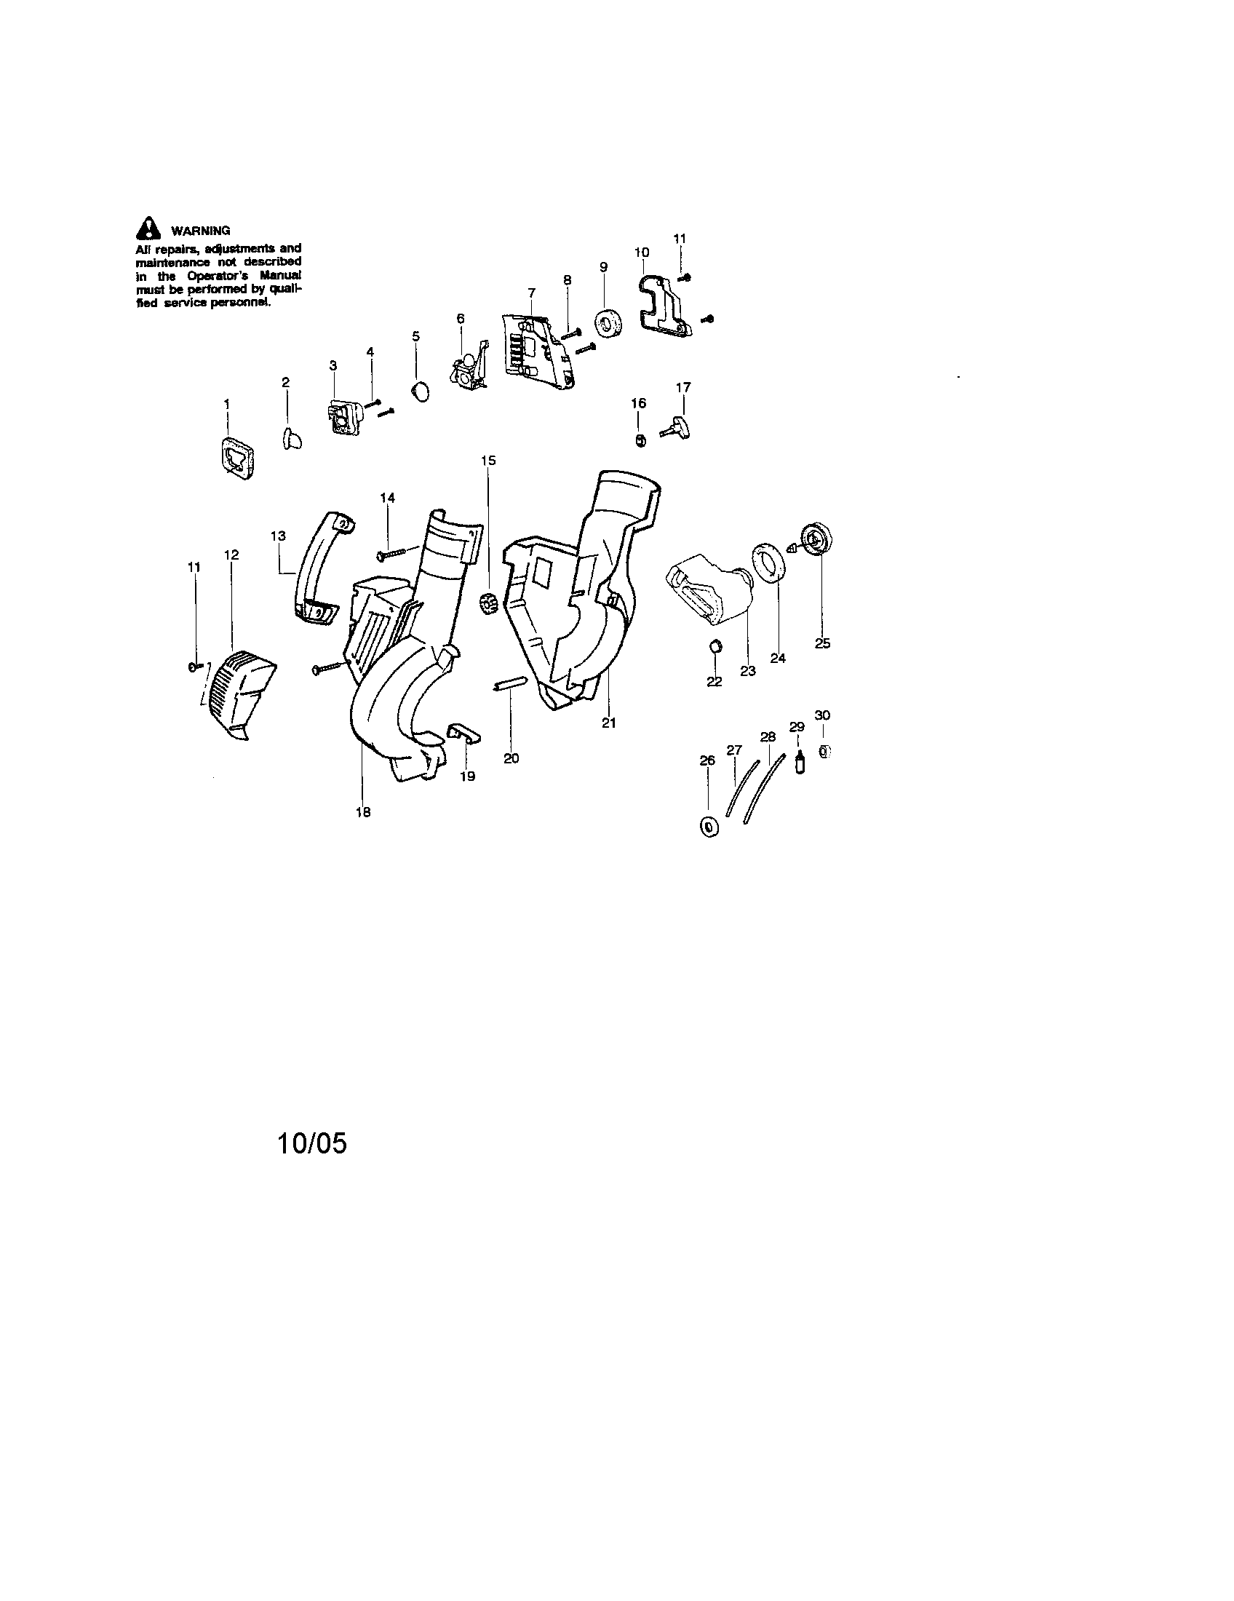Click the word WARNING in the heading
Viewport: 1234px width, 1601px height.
tap(201, 231)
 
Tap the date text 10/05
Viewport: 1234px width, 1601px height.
tap(311, 1143)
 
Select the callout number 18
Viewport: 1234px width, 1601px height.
tap(363, 812)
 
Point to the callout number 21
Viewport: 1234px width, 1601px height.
tap(609, 723)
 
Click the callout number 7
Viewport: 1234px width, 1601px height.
tap(531, 293)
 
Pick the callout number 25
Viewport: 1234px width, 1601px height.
tap(822, 643)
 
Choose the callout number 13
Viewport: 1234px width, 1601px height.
tap(279, 536)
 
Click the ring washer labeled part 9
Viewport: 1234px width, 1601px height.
tap(608, 325)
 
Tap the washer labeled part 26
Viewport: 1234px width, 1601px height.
tap(709, 827)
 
